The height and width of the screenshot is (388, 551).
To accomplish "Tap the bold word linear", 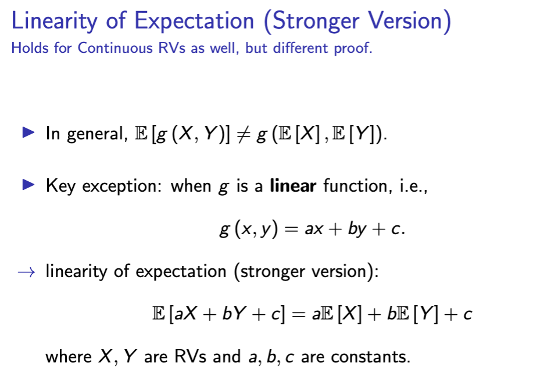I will point(292,186).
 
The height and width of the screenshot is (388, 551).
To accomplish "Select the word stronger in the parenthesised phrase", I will point(273,272).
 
